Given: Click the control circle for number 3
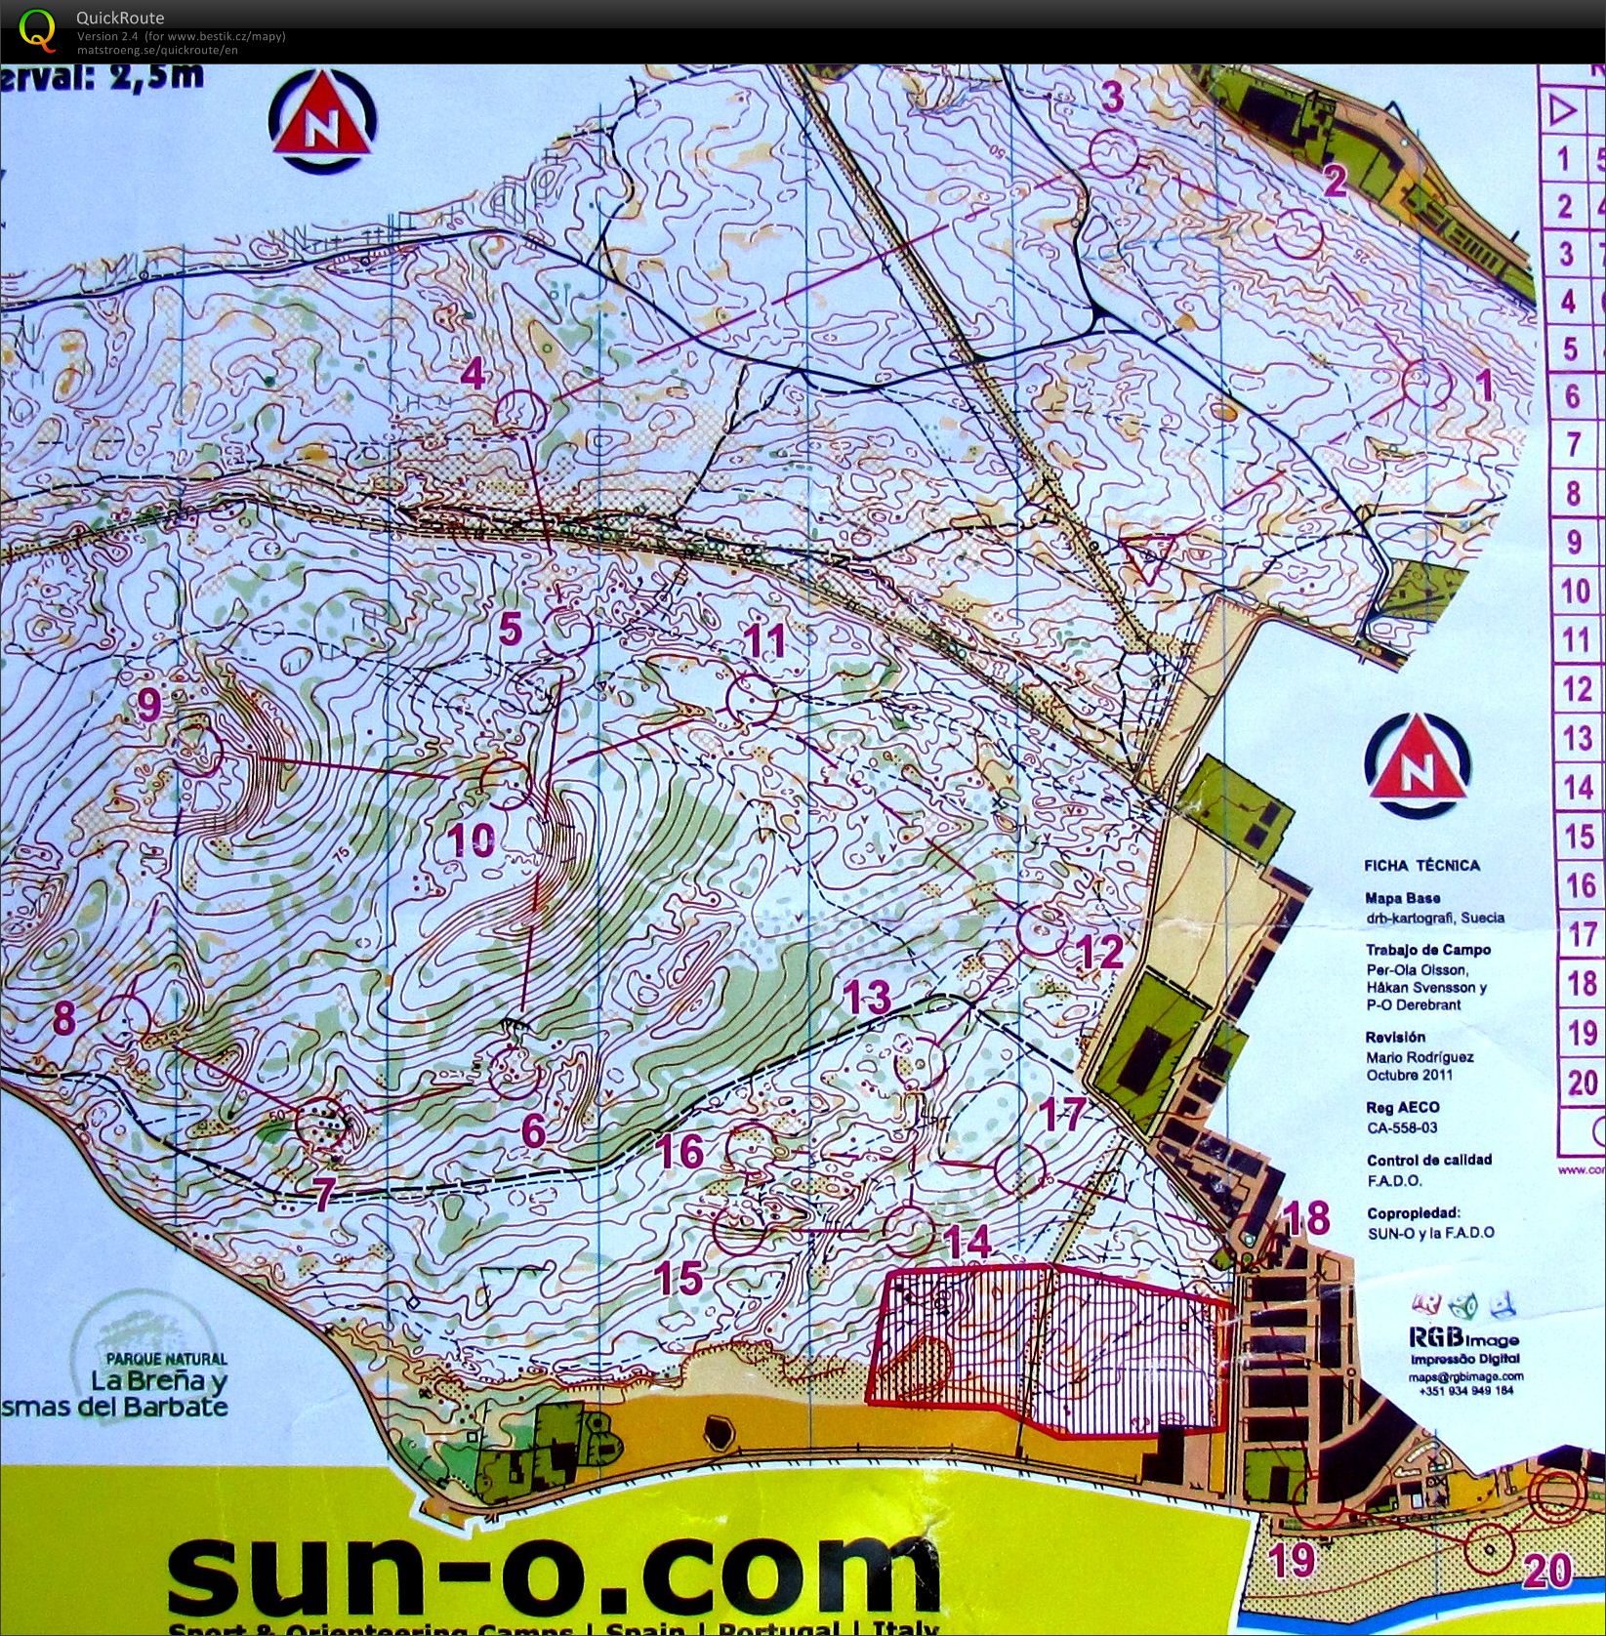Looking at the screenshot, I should (x=1113, y=153).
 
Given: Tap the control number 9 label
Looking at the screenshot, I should (x=148, y=704).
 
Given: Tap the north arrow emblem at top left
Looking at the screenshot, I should (x=322, y=124).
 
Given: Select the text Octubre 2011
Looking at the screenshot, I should (x=1409, y=1075).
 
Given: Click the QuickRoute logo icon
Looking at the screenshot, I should (x=37, y=29).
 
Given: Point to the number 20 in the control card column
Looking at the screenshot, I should (x=1582, y=1083).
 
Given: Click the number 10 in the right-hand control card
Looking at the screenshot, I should (x=1576, y=592).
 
